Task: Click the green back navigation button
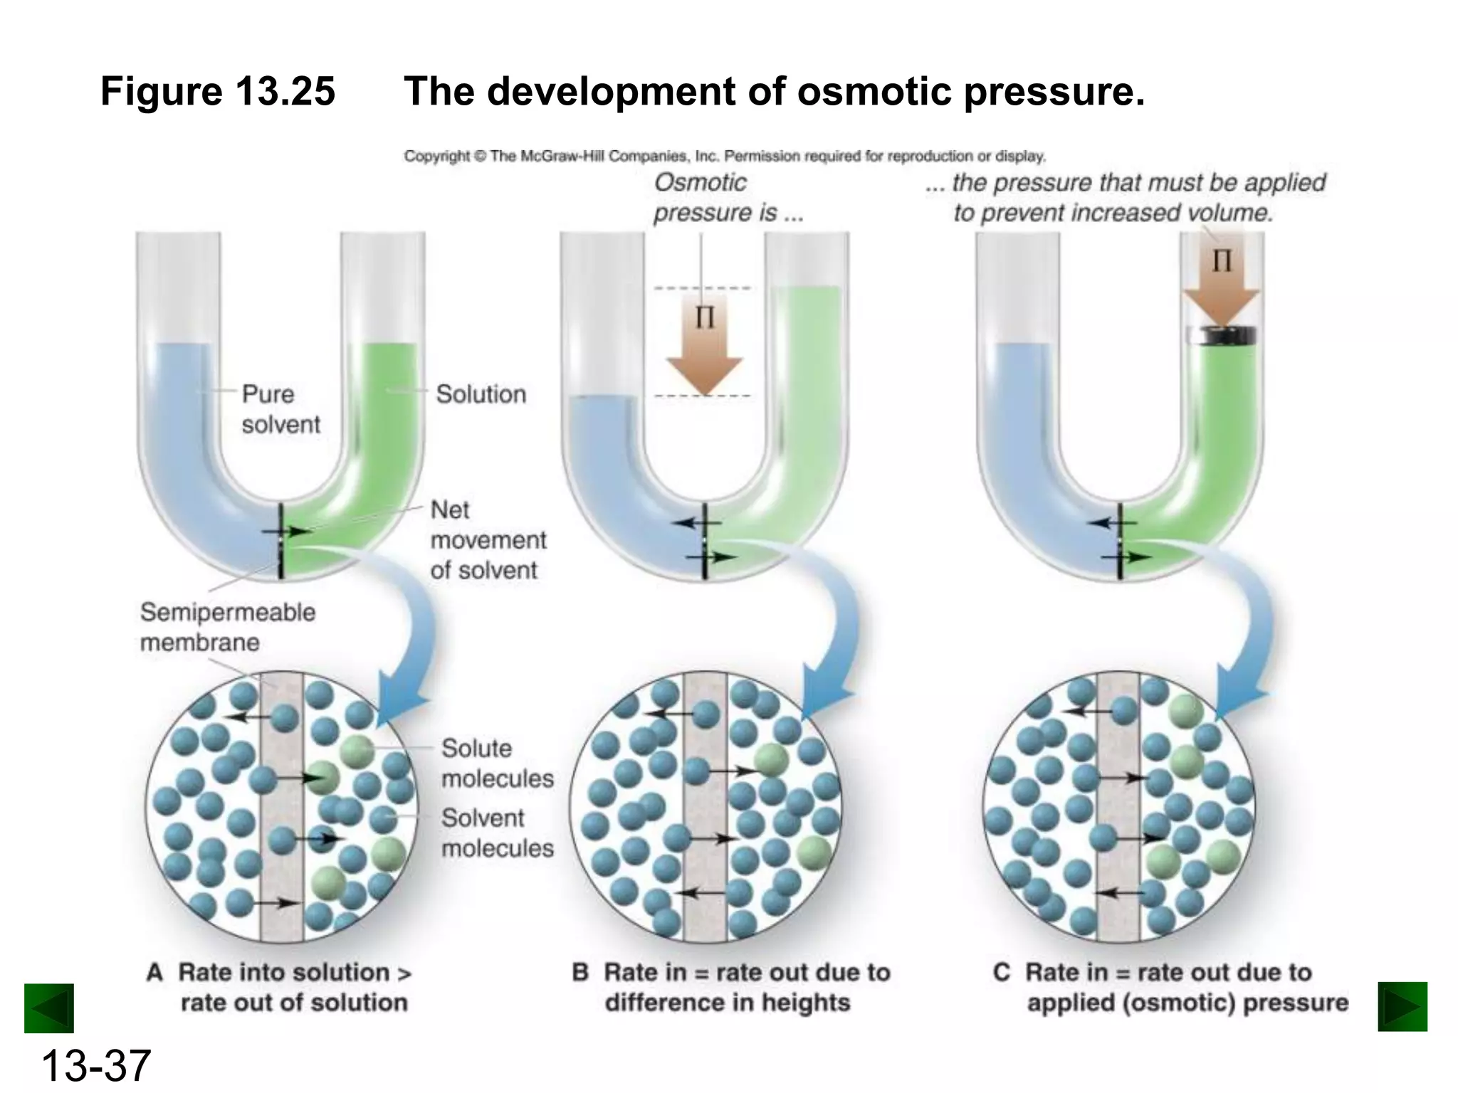click(49, 1008)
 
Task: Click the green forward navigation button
click(1402, 1006)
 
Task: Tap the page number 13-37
click(95, 1065)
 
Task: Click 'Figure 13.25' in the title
click(218, 92)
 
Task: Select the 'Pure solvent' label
click(280, 409)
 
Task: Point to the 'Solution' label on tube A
click(481, 394)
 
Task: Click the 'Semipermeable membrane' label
click(227, 627)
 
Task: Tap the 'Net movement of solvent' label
click(488, 540)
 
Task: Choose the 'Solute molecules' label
click(497, 763)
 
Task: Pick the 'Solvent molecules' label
click(497, 833)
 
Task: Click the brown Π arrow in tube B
click(704, 349)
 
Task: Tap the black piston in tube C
click(1222, 335)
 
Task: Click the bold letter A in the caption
click(154, 973)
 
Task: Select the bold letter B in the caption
click(580, 973)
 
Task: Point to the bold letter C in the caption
click(1001, 973)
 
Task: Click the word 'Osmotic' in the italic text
click(701, 183)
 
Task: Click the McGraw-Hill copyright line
click(724, 156)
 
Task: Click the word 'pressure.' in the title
click(1054, 92)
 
